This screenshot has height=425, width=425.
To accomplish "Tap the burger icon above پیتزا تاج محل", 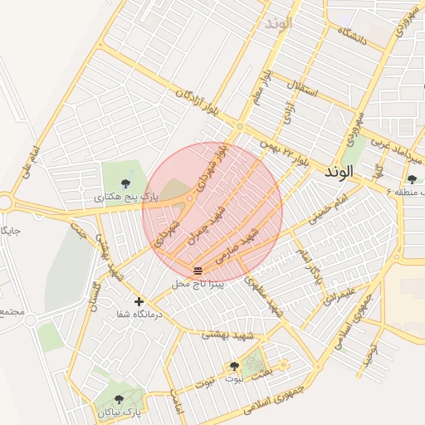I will tap(198, 271).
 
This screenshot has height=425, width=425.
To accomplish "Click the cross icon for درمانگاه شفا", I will tap(139, 301).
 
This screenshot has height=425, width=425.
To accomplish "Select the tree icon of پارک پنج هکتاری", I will tap(125, 183).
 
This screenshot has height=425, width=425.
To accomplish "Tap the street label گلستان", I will tap(92, 296).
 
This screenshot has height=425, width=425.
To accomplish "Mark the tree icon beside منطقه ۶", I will tap(412, 179).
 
